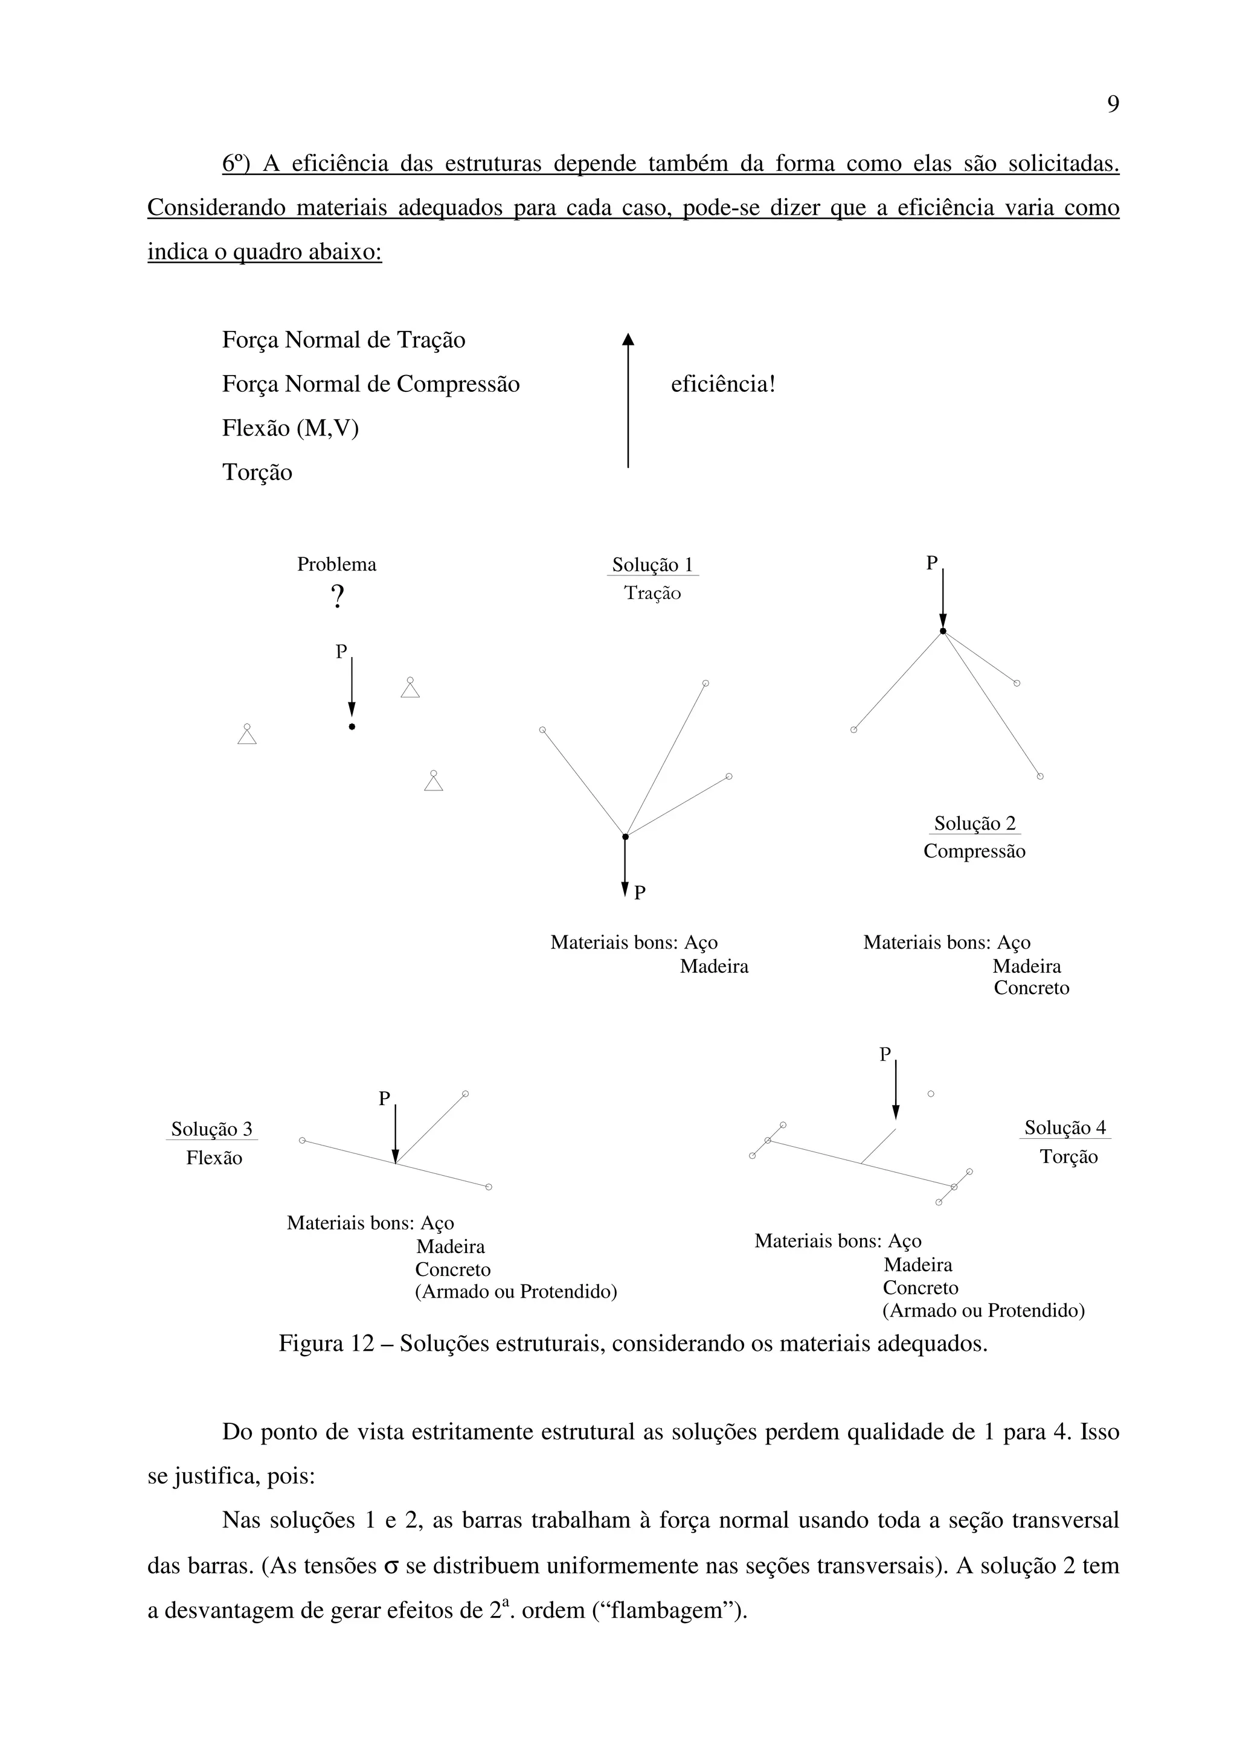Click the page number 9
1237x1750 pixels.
(x=1113, y=104)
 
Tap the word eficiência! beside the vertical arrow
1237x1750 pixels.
(x=722, y=384)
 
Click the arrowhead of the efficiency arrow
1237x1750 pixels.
(x=628, y=340)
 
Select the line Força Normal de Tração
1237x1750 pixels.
(x=343, y=340)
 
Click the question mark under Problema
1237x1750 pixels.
(x=338, y=597)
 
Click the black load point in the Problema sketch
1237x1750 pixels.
(x=352, y=727)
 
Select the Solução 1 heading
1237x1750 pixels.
(x=652, y=565)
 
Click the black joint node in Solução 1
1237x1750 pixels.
(x=625, y=837)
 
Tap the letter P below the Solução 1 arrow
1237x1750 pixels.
(x=640, y=893)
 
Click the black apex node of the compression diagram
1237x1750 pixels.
(x=943, y=631)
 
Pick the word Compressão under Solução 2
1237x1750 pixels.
(x=974, y=851)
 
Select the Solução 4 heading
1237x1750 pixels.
(x=1065, y=1127)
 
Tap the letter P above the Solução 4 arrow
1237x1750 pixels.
(x=885, y=1054)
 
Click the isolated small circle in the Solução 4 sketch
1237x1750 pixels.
(x=931, y=1094)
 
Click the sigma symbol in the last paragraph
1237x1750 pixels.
(x=392, y=1567)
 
